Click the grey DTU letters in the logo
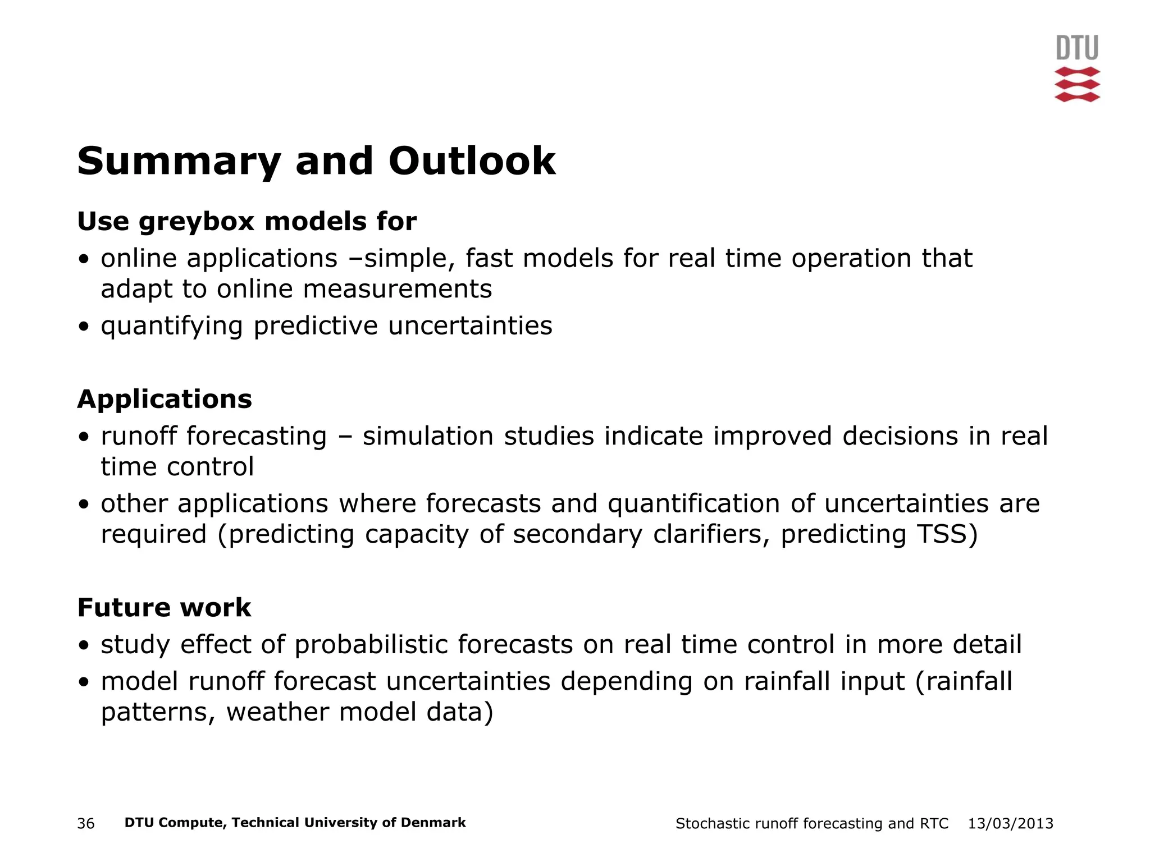[1077, 48]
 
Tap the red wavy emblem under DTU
[1077, 85]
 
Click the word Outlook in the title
[472, 161]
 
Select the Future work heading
[164, 608]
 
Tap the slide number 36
[86, 824]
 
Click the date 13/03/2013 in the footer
[1010, 824]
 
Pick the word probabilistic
[371, 644]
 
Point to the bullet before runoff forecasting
[84, 437]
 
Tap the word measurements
[398, 290]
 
